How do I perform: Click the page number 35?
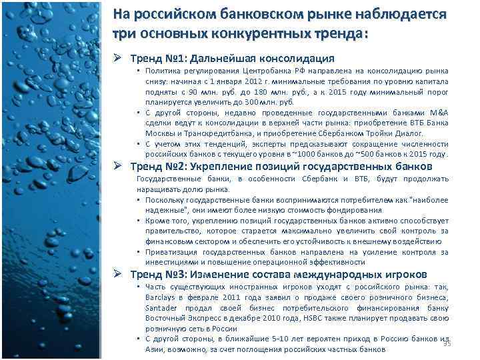click(x=447, y=343)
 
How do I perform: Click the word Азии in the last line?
click(x=155, y=349)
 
